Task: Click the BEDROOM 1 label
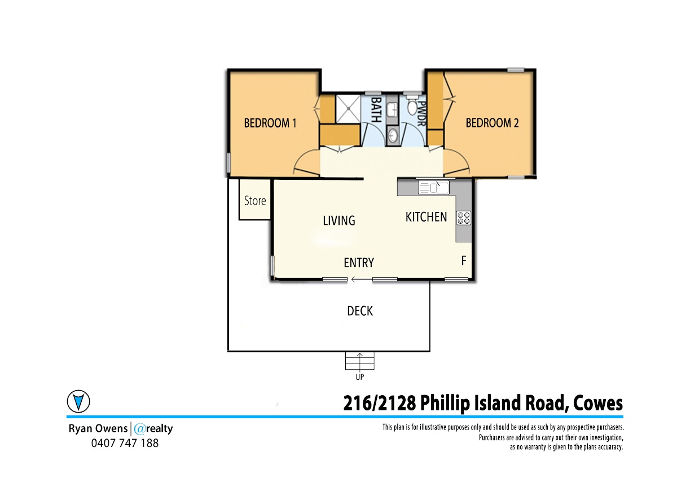[x=270, y=123]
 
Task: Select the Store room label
[x=255, y=201]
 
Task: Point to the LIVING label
[x=339, y=220]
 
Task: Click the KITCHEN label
[x=426, y=217]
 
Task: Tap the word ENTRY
[x=359, y=263]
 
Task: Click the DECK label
[x=360, y=311]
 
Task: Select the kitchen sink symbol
[x=434, y=188]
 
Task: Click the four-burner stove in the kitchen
[x=464, y=218]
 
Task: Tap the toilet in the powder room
[x=412, y=105]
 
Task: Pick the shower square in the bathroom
[x=348, y=109]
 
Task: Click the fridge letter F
[x=464, y=260]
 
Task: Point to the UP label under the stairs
[x=360, y=377]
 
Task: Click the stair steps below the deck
[x=360, y=361]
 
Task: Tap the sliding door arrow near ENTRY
[x=362, y=280]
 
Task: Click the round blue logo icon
[x=78, y=401]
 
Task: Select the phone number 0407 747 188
[x=125, y=443]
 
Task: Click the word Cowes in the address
[x=598, y=404]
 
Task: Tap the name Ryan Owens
[x=98, y=428]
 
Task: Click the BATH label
[x=376, y=109]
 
